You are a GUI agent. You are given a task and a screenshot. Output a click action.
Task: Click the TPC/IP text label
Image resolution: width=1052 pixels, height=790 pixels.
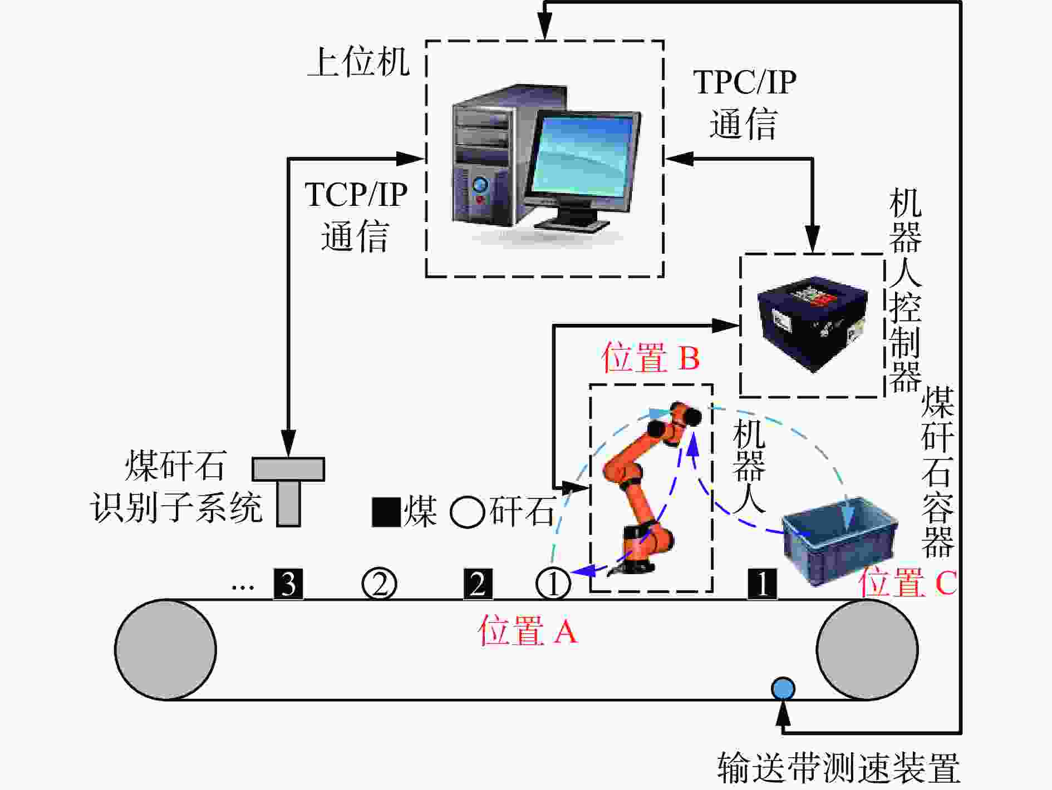coord(745,82)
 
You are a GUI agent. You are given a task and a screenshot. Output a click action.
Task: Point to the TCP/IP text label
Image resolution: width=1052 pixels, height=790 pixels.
coord(356,195)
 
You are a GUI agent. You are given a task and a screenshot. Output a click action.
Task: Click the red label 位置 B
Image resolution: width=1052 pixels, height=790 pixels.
coord(650,357)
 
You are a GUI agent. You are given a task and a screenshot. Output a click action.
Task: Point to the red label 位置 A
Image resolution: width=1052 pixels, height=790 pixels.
coord(528,631)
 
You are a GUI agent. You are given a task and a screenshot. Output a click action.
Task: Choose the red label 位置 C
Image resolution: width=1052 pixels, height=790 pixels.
coord(907,582)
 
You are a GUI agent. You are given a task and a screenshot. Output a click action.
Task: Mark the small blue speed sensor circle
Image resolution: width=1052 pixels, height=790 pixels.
coord(783,688)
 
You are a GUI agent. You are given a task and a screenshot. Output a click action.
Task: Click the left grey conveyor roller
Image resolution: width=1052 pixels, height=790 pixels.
coord(165,649)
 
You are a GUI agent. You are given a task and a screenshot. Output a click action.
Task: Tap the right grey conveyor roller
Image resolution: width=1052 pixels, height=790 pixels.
coord(867,649)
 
